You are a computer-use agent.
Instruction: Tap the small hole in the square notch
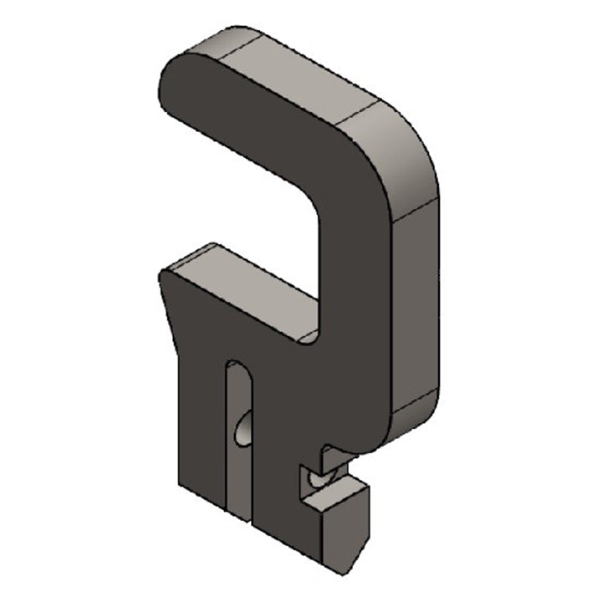(x=314, y=479)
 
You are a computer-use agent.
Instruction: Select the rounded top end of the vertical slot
(x=236, y=365)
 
